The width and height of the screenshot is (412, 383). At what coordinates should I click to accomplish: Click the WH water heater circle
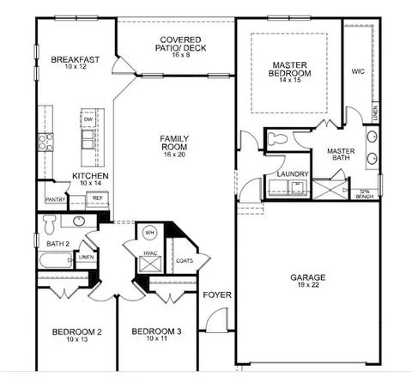[149, 233]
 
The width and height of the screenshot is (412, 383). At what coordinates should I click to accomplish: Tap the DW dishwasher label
[88, 119]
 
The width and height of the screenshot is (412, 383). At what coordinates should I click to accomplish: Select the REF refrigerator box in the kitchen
[98, 198]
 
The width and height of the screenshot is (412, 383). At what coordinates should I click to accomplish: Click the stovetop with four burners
[45, 143]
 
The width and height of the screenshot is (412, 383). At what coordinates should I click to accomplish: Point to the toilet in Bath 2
[50, 224]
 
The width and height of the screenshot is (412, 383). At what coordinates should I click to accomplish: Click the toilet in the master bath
[277, 139]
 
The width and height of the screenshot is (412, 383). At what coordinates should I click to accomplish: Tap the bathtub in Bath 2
[56, 260]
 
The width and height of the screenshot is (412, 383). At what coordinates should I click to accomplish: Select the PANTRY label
[55, 199]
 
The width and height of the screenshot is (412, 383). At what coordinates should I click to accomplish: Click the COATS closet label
[185, 261]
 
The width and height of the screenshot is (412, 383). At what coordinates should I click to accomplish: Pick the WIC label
[358, 71]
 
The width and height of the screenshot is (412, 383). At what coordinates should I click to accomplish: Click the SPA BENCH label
[364, 194]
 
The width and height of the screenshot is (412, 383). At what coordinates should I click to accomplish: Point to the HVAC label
[150, 253]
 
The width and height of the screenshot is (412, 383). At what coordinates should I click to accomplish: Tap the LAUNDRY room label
[293, 174]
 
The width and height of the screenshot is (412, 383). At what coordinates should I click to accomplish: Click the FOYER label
[217, 295]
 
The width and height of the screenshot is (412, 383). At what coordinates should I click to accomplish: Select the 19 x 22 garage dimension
[308, 285]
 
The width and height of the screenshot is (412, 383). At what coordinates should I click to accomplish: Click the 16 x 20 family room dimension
[174, 155]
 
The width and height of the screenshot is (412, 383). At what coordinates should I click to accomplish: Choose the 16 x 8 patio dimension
[181, 55]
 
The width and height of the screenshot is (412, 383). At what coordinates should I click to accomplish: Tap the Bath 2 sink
[79, 221]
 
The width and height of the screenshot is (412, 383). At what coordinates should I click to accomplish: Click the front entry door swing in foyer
[216, 319]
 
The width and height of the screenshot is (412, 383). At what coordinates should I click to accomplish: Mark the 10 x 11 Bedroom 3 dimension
[156, 338]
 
